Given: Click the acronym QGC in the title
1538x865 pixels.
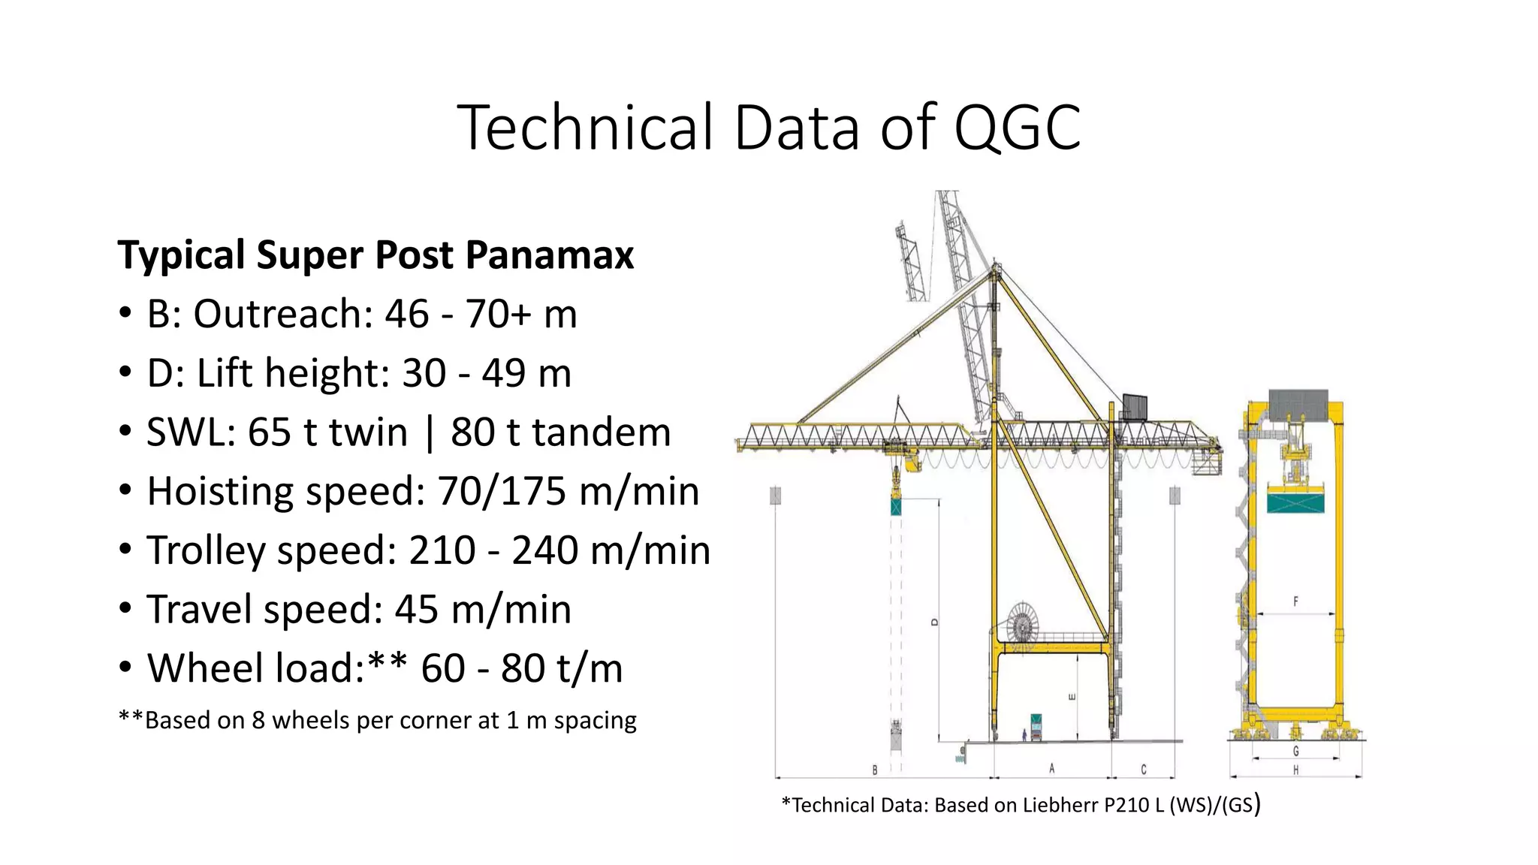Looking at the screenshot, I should coord(1017,128).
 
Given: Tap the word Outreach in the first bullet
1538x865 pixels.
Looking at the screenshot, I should coord(282,314).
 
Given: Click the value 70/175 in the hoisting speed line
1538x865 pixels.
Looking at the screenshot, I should coord(502,492).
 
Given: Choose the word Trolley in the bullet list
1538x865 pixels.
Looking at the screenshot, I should coord(206,550).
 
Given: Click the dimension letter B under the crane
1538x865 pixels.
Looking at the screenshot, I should coord(875,770).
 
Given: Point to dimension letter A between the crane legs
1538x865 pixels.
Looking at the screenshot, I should coord(1052,768).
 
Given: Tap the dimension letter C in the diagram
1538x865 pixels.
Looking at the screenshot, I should coord(1144,769).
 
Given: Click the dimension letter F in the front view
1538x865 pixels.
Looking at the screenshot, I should coord(1295,601).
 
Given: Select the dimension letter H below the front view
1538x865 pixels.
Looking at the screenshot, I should coord(1296,770).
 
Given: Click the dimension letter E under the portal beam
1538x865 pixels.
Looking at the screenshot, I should coord(1072,697).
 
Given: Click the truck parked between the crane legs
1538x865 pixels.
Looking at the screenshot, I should coord(1036,727).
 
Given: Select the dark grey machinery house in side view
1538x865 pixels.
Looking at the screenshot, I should coord(1136,407).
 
